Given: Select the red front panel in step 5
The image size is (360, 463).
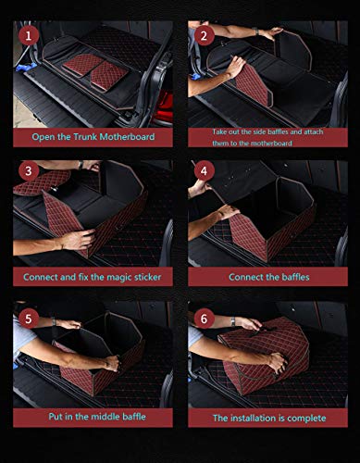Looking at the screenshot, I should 93,366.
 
